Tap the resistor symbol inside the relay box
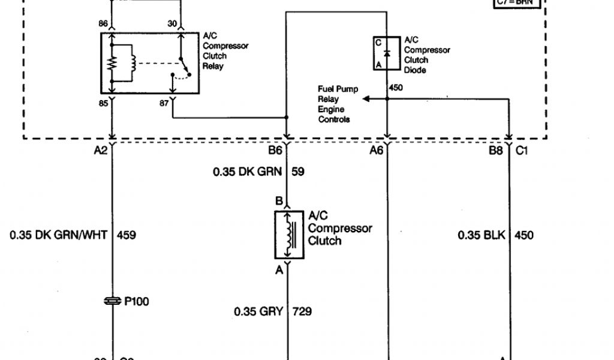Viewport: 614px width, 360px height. point(112,64)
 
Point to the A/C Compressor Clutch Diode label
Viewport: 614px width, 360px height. point(426,55)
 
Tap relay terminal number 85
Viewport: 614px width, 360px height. point(103,103)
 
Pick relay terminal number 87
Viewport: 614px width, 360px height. point(162,103)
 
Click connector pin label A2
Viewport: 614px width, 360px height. point(100,151)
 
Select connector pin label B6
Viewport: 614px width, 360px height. point(275,151)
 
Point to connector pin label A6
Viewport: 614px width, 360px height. point(376,151)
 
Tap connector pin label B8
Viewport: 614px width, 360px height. point(495,151)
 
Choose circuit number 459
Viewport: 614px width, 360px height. point(126,235)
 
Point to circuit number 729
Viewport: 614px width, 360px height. point(302,311)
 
